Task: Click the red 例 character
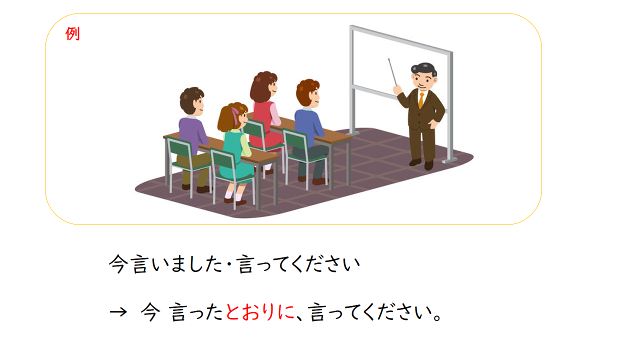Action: tap(72, 33)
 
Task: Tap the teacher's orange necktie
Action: tap(421, 100)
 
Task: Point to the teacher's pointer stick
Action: tap(392, 72)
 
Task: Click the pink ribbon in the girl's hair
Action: tap(235, 115)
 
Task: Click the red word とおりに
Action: tap(259, 312)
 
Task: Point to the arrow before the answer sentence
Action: tap(118, 311)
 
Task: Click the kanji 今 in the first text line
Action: tap(117, 264)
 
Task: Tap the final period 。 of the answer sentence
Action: tap(437, 317)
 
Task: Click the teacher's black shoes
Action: tap(421, 163)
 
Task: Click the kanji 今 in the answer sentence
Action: tap(150, 312)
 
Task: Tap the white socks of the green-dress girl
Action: tap(233, 195)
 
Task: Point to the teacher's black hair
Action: tap(423, 68)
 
